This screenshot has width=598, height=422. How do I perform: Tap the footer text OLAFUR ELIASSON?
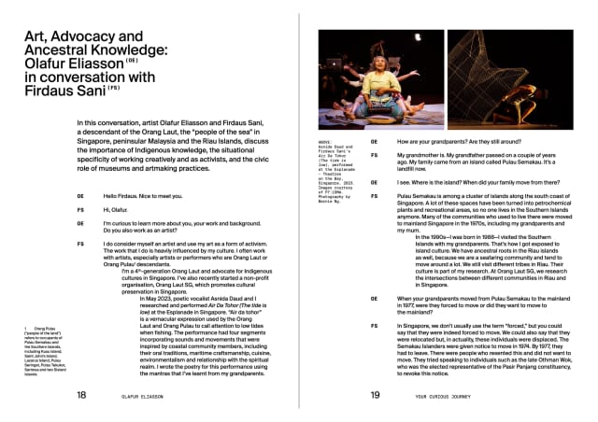(x=155, y=396)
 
